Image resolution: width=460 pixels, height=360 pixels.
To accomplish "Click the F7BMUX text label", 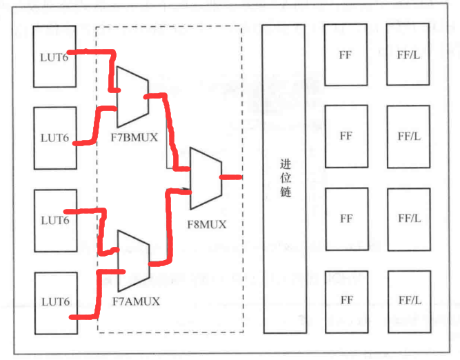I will [134, 137].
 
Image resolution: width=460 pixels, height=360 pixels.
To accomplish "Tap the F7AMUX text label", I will [135, 301].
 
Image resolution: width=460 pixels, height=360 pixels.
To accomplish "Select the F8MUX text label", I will [206, 223].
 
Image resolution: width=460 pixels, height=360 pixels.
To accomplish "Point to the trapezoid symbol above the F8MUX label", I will [205, 178].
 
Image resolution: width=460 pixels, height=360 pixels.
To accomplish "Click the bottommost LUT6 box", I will [54, 302].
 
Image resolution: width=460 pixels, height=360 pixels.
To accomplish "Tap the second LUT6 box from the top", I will [54, 137].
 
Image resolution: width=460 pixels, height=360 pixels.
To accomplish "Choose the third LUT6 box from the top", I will [54, 220].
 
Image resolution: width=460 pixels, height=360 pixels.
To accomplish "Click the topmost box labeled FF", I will [346, 54].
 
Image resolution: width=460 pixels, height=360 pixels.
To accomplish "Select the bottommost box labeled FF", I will [346, 301].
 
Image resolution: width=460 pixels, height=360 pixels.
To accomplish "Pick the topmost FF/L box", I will [409, 54].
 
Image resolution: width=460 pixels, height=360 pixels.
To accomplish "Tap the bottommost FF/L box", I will [409, 301].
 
